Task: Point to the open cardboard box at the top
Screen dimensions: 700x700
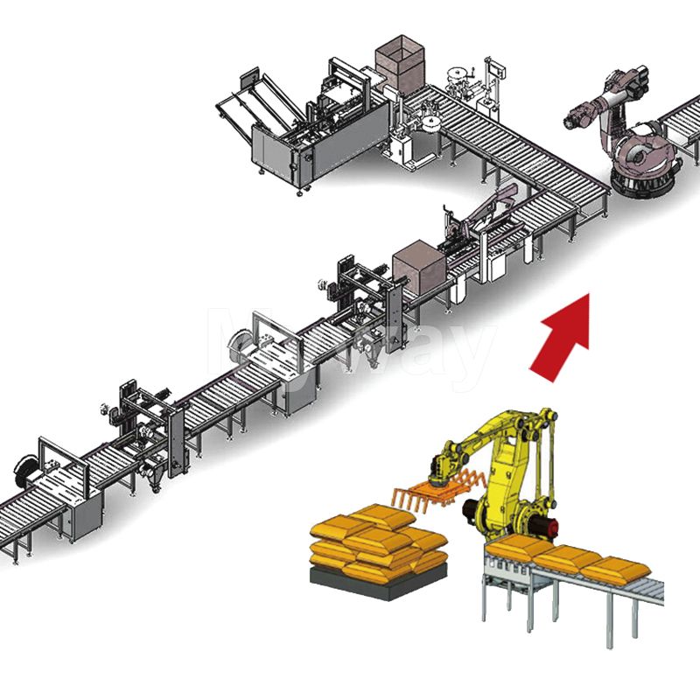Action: tap(397, 58)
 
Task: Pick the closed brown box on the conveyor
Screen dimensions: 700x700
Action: tap(419, 268)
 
